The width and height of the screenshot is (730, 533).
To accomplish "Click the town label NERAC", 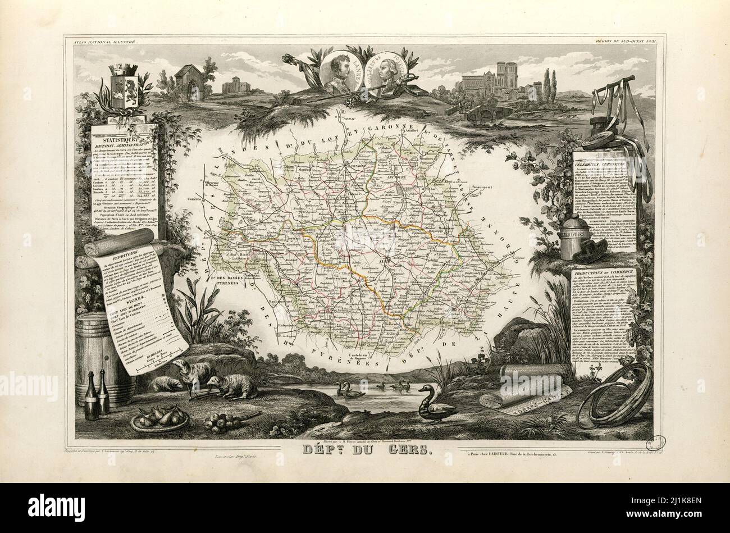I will pyautogui.click(x=346, y=119).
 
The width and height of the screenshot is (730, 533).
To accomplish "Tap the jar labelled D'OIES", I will pyautogui.click(x=573, y=239).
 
